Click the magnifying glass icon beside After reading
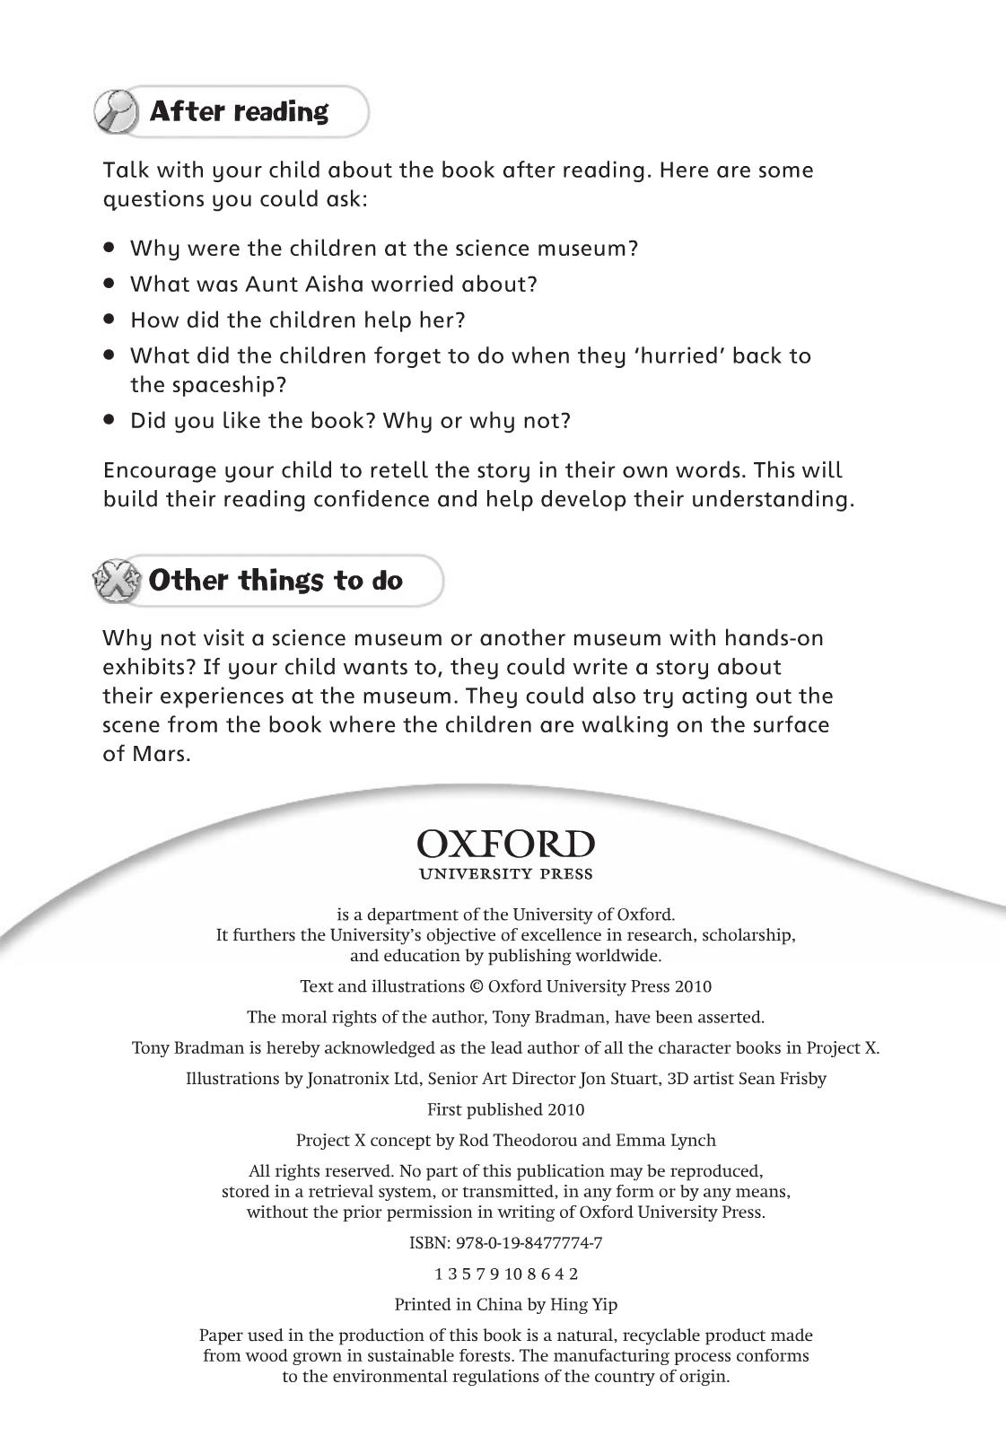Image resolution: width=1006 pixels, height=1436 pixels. (x=117, y=111)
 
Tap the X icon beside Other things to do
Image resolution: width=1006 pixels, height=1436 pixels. (x=118, y=581)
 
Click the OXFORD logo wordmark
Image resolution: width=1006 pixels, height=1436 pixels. (x=505, y=844)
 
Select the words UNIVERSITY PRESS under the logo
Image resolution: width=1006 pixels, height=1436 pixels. (x=505, y=874)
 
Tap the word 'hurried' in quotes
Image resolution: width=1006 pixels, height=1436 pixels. (x=672, y=356)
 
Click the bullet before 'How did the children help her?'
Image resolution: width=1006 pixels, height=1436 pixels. (x=110, y=319)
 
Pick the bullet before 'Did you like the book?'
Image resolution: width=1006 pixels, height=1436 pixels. (x=110, y=419)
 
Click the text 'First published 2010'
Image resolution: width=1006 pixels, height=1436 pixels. (x=505, y=1109)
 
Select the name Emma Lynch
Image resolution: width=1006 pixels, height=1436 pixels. (x=666, y=1141)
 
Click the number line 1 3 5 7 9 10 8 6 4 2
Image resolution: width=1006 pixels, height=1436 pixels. (x=506, y=1274)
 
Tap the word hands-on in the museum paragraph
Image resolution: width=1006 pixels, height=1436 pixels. (x=774, y=638)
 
